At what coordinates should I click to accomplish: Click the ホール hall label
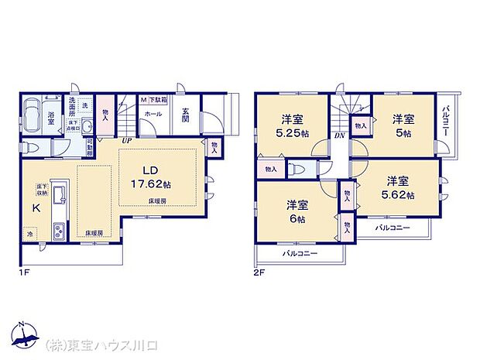pyautogui.click(x=153, y=114)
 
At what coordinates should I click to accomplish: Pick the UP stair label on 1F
pyautogui.click(x=125, y=140)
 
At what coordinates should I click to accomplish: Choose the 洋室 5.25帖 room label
pyautogui.click(x=291, y=125)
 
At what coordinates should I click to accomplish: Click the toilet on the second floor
pyautogui.click(x=300, y=169)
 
